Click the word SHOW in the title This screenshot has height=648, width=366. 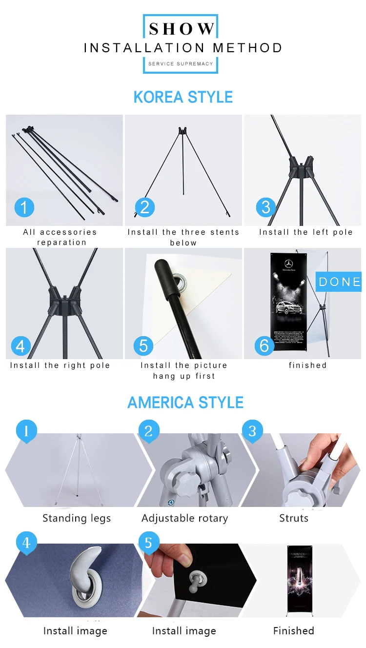[x=182, y=29]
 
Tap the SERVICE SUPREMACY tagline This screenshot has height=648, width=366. [x=181, y=64]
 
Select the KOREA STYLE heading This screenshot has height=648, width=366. [x=183, y=97]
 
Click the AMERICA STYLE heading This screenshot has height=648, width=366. [x=185, y=403]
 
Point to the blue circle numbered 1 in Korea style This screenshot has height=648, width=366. [x=24, y=207]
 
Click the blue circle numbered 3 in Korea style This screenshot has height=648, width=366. [x=265, y=207]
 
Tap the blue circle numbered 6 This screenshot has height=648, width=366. [x=264, y=345]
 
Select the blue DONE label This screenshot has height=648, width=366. [x=340, y=282]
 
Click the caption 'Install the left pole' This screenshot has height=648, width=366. [x=306, y=232]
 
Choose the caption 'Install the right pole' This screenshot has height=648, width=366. [x=60, y=365]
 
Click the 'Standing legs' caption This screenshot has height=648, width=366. [x=77, y=518]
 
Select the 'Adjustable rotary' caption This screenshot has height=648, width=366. [x=184, y=518]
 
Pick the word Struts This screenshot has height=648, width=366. [x=294, y=518]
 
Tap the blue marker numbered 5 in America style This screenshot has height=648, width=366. [x=149, y=543]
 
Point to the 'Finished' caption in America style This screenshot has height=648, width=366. [x=294, y=631]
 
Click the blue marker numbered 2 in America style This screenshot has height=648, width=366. [x=149, y=431]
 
